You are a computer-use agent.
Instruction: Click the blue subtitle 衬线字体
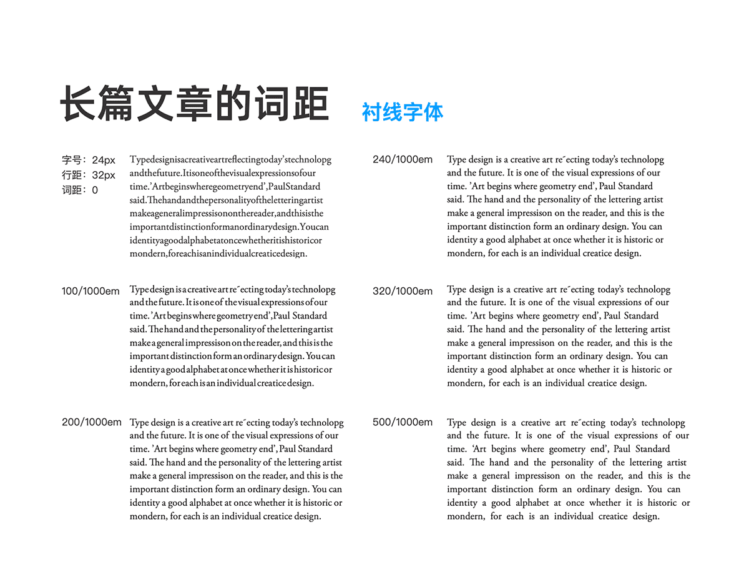click(403, 112)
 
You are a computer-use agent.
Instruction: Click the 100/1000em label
click(91, 291)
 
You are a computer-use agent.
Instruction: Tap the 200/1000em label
click(92, 422)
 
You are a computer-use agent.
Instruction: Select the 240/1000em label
click(403, 159)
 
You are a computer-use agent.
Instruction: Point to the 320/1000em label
click(403, 291)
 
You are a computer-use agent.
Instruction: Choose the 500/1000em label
click(403, 422)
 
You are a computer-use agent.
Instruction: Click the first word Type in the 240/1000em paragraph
click(457, 160)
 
